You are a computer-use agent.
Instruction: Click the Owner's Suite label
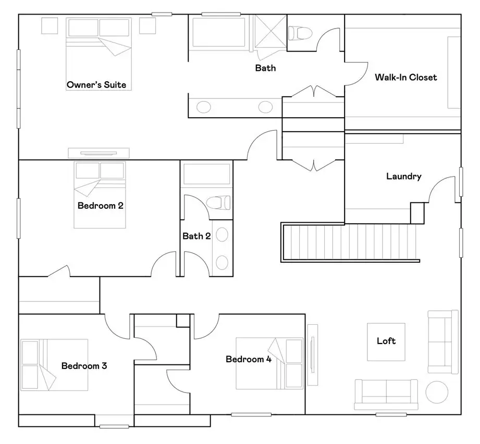(x=96, y=85)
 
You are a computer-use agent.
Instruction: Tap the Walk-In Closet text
(x=406, y=77)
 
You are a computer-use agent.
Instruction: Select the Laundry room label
(x=404, y=176)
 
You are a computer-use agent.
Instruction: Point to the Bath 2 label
(x=196, y=236)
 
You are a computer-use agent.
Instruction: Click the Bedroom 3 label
(x=84, y=366)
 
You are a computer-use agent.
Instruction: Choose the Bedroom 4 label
(x=249, y=359)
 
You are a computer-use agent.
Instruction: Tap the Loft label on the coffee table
(x=386, y=340)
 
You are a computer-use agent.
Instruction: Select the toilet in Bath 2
(x=218, y=202)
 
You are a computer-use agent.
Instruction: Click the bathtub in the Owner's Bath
(x=219, y=32)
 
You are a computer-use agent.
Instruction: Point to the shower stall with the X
(x=270, y=32)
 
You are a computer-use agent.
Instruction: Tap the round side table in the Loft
(x=437, y=392)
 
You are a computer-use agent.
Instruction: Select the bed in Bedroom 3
(x=54, y=365)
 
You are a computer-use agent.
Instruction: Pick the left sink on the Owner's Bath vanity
(x=204, y=107)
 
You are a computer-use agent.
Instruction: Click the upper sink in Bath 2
(x=222, y=235)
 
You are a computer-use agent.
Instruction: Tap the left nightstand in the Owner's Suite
(x=50, y=26)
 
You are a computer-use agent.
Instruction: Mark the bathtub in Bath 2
(x=206, y=174)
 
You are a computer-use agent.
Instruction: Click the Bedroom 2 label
(x=101, y=206)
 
